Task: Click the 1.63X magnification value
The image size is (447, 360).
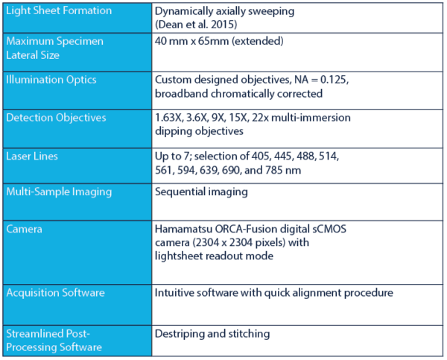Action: coord(168,118)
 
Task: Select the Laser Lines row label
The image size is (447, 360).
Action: coord(34,156)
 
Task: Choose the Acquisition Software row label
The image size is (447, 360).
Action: coord(56,292)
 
